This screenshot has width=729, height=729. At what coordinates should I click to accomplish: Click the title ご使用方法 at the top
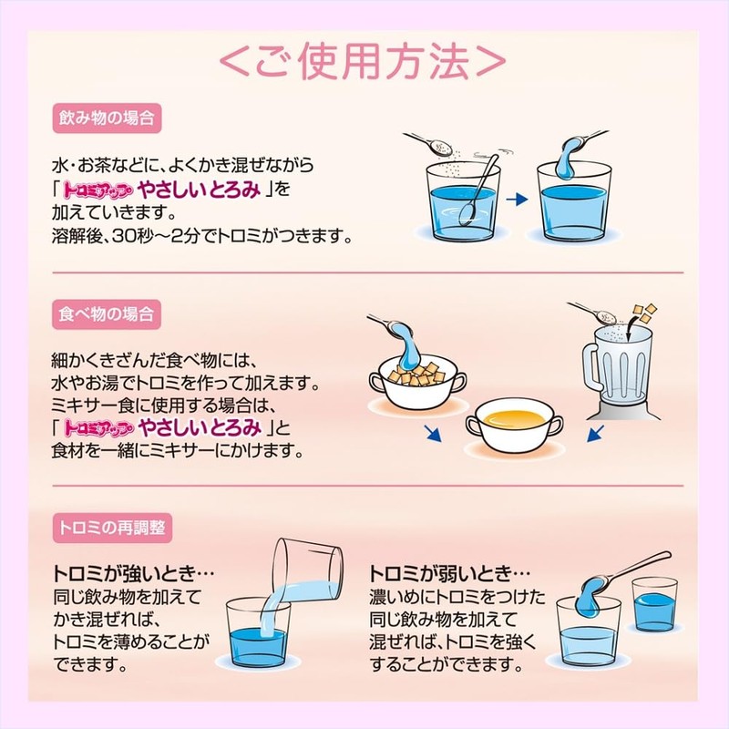click(362, 61)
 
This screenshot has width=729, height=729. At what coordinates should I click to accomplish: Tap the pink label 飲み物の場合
click(107, 118)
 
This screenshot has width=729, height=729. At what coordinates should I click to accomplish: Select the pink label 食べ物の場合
click(107, 314)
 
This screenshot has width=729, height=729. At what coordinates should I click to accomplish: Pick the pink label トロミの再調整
click(112, 528)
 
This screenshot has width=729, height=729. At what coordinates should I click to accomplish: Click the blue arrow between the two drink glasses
click(517, 200)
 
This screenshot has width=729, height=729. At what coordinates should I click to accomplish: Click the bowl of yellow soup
click(514, 426)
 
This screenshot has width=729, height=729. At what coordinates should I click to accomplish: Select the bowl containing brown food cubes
click(417, 384)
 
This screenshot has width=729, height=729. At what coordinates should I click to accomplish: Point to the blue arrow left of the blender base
click(595, 434)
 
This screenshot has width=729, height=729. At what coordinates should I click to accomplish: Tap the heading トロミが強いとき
click(133, 573)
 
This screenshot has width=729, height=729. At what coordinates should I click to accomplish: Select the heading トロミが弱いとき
click(449, 573)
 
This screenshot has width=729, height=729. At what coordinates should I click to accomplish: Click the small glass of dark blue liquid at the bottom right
click(653, 604)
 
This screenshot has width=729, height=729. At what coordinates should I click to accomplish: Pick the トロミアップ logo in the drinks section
click(98, 190)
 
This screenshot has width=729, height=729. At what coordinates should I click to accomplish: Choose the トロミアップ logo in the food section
click(98, 427)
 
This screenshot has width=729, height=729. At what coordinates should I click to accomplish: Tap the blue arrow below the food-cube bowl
click(433, 434)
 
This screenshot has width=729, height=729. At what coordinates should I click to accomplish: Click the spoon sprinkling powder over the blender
click(592, 312)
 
